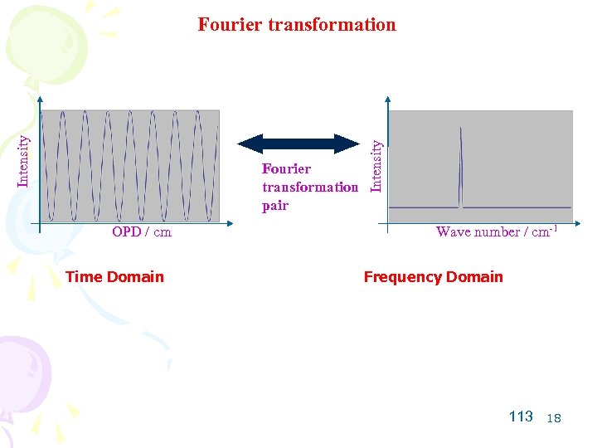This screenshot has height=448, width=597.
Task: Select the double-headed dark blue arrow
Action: pos(298,143)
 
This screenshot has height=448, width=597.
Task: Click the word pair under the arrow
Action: pos(275,206)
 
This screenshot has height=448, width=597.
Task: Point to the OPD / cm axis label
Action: pos(142,232)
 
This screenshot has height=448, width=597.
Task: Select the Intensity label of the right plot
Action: pos(376,164)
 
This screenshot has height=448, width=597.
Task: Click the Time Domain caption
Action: pos(114,277)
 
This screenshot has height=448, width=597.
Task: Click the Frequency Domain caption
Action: pos(433,277)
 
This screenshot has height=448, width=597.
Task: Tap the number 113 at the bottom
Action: pos(521,416)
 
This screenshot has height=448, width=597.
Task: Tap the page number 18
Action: pos(554,418)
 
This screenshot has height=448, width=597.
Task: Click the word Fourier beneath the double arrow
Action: pos(287,169)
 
